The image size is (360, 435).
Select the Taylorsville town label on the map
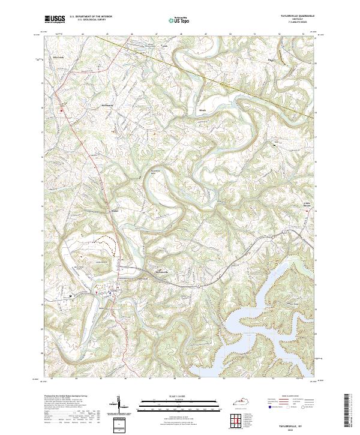[164, 269]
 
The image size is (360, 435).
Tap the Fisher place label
[115, 211]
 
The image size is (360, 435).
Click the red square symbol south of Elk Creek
[61, 110]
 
